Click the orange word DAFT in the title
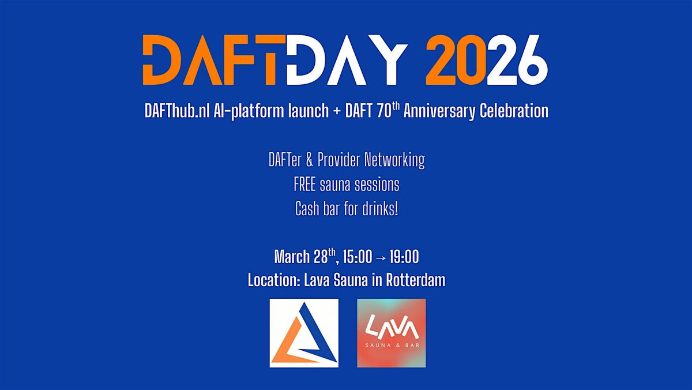(x=214, y=59)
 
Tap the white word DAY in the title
(x=347, y=59)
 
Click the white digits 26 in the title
(x=517, y=59)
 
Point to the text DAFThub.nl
(x=177, y=110)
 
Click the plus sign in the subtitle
(x=337, y=111)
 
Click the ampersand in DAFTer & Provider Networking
(x=309, y=160)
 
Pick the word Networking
(x=394, y=160)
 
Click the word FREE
(x=304, y=185)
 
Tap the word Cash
(x=307, y=209)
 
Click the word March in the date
(x=292, y=257)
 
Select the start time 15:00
(x=358, y=257)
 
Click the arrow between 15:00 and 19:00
(x=381, y=257)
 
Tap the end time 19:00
(x=404, y=257)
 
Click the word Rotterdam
(x=416, y=280)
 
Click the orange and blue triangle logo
(x=304, y=333)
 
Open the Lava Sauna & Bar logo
(x=392, y=333)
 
